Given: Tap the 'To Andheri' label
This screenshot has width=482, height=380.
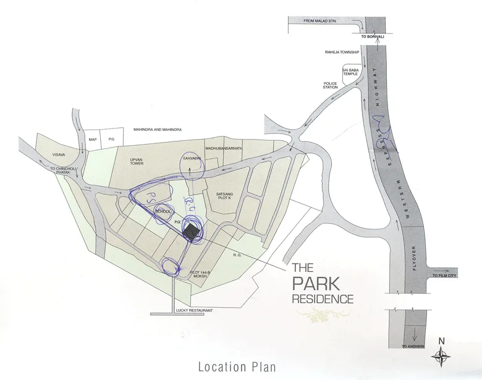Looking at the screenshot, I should pyautogui.click(x=413, y=347).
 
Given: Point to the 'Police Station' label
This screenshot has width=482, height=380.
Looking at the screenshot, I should pyautogui.click(x=331, y=85).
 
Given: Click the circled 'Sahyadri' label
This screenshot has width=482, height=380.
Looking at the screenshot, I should pyautogui.click(x=190, y=158).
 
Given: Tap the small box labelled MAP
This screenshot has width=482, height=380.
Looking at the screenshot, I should pyautogui.click(x=93, y=139).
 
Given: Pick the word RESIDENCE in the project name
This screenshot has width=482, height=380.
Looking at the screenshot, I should pyautogui.click(x=323, y=299).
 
